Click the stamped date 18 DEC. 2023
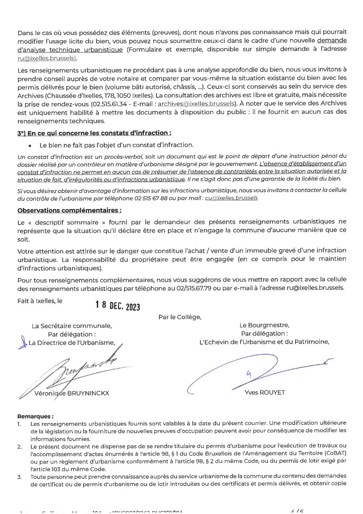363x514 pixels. click(117, 306)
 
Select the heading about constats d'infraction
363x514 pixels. click(94, 133)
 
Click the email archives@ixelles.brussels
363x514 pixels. click(196, 104)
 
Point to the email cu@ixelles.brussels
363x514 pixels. click(231, 198)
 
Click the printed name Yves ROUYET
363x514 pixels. click(265, 392)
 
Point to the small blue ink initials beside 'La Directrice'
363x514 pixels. click(24, 342)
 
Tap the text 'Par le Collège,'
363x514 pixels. click(180, 317)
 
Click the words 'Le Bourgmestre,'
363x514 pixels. click(264, 325)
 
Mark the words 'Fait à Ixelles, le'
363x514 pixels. click(40, 301)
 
